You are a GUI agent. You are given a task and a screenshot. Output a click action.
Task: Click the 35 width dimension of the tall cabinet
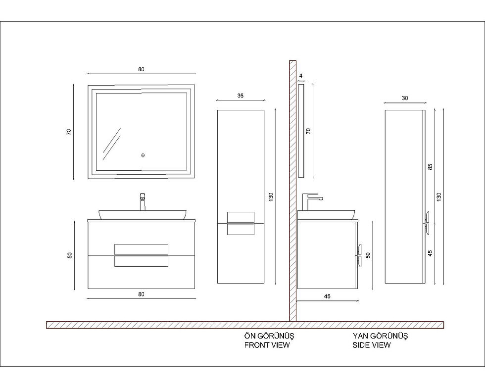[x=241, y=96]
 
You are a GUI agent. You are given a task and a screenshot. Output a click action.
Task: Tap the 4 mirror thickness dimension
[x=301, y=76]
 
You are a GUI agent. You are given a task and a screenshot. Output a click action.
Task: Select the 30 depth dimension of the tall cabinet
[x=405, y=98]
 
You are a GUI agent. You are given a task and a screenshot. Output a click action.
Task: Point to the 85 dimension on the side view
[x=430, y=166]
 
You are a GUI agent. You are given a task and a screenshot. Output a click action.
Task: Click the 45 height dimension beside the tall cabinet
[x=430, y=253]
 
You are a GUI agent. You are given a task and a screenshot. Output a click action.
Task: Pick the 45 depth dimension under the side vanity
[x=327, y=296]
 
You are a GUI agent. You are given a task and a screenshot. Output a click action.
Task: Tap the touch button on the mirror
[x=143, y=155]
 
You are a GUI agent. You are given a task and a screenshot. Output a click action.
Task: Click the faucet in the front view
[x=143, y=202]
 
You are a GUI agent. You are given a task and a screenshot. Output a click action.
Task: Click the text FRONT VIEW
[x=267, y=344]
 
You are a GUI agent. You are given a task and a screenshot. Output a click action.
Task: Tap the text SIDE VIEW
[x=372, y=344]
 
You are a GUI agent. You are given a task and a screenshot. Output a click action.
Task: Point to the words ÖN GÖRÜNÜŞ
[x=269, y=336]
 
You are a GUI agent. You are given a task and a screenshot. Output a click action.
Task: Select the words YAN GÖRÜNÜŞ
[x=380, y=336]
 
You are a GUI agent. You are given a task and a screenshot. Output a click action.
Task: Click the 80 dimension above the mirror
[x=141, y=69]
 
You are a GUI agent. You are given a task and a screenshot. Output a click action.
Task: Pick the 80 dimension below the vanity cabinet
[x=141, y=294]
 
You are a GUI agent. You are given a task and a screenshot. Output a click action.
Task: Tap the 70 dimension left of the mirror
[x=69, y=132]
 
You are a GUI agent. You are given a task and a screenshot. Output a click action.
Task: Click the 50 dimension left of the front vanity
[x=70, y=255]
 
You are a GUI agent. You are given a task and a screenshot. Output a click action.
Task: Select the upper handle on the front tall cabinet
[x=241, y=217]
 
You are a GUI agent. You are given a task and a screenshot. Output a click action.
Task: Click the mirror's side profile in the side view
[x=301, y=131]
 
